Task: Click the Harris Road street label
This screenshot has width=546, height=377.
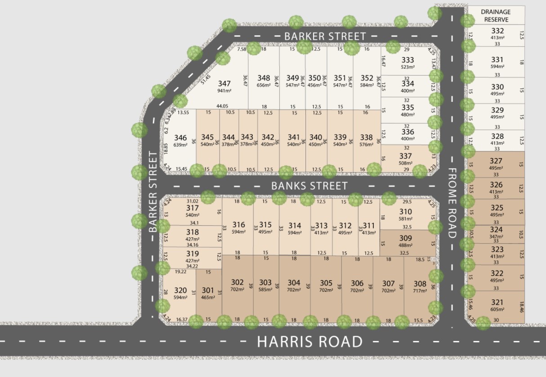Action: click(309, 342)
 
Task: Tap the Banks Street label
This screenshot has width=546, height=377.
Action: click(309, 186)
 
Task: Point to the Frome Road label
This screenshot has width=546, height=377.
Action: click(452, 203)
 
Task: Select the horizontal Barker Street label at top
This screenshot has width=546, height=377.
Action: click(325, 36)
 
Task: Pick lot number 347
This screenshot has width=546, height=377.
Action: click(224, 83)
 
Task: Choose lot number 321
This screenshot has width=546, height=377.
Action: click(497, 302)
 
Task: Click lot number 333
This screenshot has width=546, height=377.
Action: click(407, 60)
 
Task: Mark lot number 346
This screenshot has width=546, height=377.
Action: click(180, 138)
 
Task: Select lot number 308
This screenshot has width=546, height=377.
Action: click(420, 284)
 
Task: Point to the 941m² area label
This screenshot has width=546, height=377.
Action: click(224, 91)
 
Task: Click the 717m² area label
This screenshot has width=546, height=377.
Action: click(420, 291)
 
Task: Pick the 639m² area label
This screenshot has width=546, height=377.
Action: click(180, 145)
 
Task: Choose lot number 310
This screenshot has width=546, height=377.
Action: click(405, 212)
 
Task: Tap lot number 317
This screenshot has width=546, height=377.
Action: click(192, 208)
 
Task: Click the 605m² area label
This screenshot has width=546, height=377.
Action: click(497, 309)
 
